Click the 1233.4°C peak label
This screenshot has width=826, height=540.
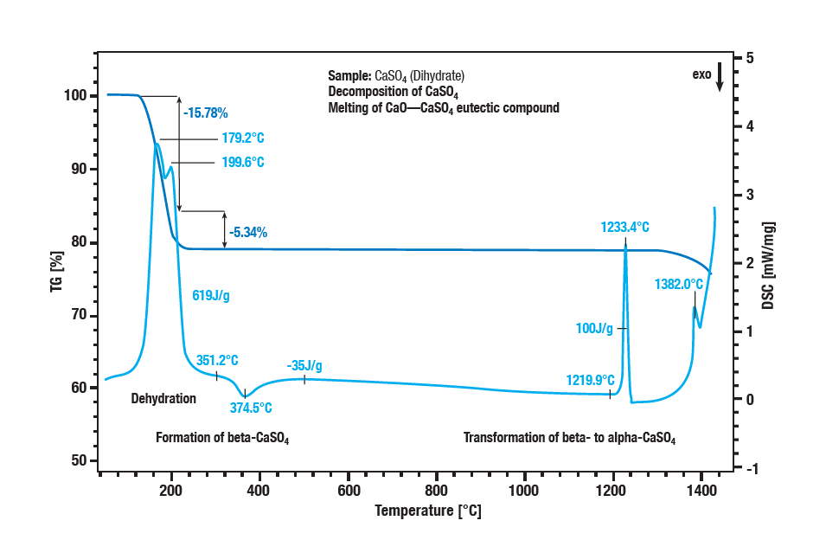pos(624,228)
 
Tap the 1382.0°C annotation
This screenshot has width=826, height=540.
pos(679,283)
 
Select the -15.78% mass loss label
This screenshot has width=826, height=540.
pos(205,112)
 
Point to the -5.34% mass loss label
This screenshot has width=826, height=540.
pos(248,232)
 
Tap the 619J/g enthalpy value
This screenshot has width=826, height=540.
pos(210,296)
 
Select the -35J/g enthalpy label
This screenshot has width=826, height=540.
pos(304,364)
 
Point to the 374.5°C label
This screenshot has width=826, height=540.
pos(252,408)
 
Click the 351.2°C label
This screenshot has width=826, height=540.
pos(217,360)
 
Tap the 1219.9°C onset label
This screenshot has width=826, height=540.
pos(591,380)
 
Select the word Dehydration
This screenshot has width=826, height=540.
pos(163,399)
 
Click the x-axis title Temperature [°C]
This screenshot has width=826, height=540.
pos(427,511)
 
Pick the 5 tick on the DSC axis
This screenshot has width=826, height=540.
pos(750,58)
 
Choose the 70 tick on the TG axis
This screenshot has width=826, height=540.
pos(79,315)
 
